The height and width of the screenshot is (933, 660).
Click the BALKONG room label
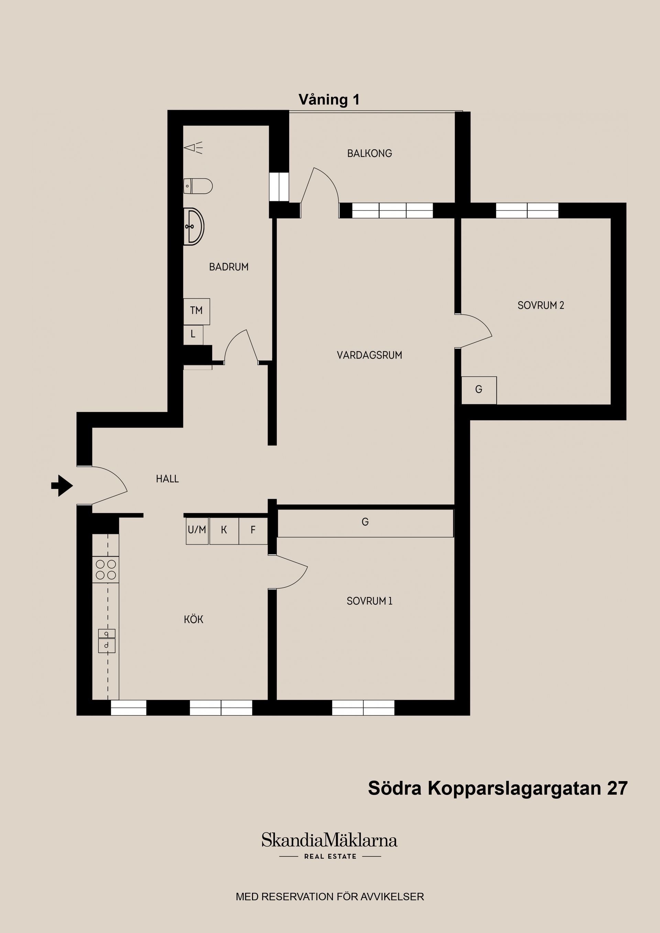[x=369, y=154]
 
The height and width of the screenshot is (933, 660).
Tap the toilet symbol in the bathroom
[x=198, y=186]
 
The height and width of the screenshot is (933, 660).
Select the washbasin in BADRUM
[x=194, y=227]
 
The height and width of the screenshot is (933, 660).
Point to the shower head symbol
[x=193, y=147]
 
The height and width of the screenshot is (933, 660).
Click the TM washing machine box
[x=196, y=311]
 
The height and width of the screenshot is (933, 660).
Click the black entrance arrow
[x=62, y=485]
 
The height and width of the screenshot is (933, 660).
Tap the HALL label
[x=167, y=479]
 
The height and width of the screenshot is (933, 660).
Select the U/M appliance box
[x=197, y=530]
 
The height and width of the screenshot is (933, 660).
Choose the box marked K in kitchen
[x=224, y=530]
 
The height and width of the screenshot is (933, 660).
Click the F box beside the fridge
[x=253, y=530]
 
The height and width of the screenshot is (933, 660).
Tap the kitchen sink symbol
[x=107, y=641]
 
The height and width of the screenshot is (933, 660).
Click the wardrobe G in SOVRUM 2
[x=478, y=390]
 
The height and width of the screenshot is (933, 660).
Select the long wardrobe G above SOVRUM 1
[x=365, y=522]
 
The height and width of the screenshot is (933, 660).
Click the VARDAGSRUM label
[x=369, y=355]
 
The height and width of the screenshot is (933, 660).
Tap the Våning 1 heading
[x=329, y=100]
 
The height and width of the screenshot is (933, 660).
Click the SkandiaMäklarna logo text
[x=329, y=840]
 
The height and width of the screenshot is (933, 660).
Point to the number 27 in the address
[x=617, y=788]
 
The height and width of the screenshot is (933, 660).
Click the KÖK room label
[x=194, y=620]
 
